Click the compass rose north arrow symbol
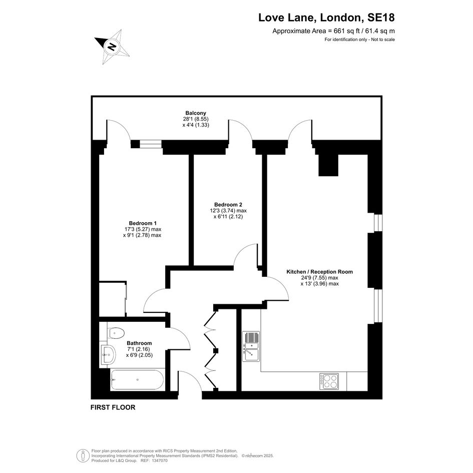coord(112,47)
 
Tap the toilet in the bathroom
coord(116,333)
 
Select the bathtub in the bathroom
coord(137,379)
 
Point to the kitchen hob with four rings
coord(329,381)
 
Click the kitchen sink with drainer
coord(251,346)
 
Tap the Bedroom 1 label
coord(143,223)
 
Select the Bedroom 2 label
coord(228,205)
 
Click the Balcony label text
coord(196,113)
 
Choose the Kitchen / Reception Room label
coord(319,271)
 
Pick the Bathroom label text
coord(139,343)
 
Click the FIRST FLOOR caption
coord(113,407)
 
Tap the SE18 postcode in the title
coord(381,18)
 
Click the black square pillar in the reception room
coord(328,165)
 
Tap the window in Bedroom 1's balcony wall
coord(151,145)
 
